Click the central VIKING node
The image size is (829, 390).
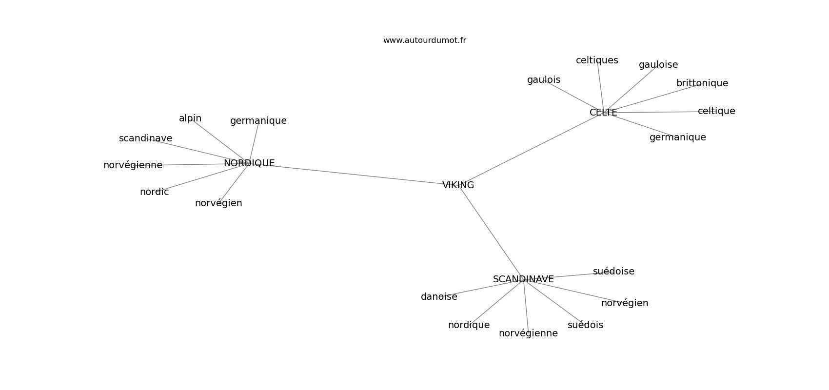458,185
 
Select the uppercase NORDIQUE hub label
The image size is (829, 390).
249,163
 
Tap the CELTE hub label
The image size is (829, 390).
603,113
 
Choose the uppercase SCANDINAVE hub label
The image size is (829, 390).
523,279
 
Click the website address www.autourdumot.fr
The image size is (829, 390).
424,40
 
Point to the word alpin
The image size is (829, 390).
190,118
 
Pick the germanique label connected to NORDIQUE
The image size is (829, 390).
258,121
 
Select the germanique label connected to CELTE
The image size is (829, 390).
677,137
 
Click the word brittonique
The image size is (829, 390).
702,83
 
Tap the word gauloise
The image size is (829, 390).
658,65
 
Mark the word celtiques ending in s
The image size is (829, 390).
597,60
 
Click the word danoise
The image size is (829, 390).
439,297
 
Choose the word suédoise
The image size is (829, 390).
613,272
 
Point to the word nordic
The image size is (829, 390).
154,192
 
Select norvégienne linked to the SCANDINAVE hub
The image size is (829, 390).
528,333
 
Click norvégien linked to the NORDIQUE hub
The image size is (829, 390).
218,203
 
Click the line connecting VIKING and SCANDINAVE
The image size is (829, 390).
491,232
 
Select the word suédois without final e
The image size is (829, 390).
585,325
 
